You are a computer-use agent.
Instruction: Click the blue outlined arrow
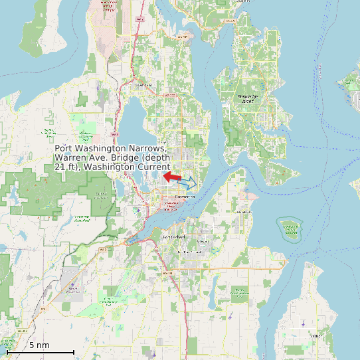tap(187, 181)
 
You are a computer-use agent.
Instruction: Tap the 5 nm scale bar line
tap(40, 352)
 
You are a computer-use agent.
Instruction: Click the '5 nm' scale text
tap(39, 345)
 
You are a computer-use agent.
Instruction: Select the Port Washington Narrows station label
tap(112, 158)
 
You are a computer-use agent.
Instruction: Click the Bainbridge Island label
tap(250, 98)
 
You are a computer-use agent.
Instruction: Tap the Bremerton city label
tap(186, 197)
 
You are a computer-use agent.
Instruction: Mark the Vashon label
tap(314, 336)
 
